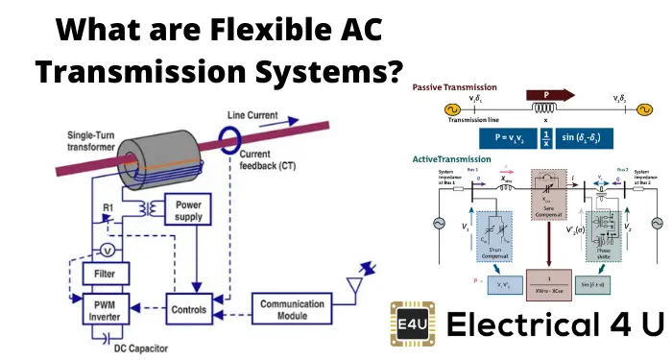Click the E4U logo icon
point(417,324)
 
